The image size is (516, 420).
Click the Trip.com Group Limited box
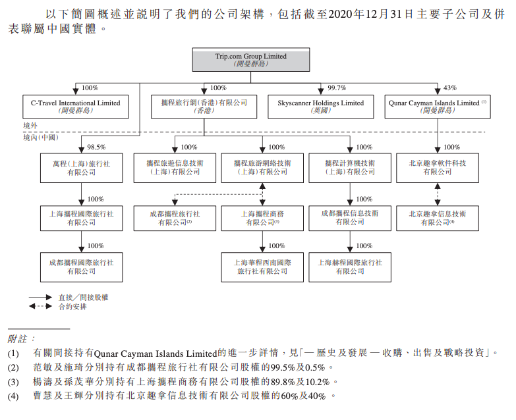[250, 60]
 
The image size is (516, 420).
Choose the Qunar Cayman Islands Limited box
[438, 107]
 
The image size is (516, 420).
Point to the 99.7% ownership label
[337, 88]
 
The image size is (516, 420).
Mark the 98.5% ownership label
[96, 147]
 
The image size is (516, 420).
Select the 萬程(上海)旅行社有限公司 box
[80, 167]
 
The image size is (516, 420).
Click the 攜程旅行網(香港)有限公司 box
[204, 107]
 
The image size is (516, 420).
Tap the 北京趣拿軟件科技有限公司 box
[438, 167]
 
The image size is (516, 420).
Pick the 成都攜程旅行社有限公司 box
[175, 218]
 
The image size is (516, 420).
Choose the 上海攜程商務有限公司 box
[262, 218]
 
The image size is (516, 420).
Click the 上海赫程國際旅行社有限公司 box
[350, 266]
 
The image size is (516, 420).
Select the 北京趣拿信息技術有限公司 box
[438, 218]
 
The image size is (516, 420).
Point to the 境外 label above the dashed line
[30, 125]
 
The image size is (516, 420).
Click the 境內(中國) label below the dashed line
[40, 138]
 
